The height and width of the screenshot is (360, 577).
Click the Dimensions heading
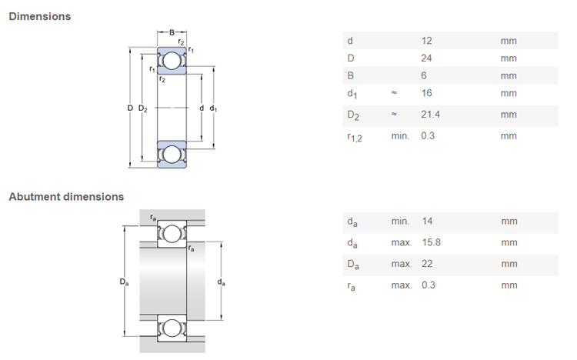[40, 17]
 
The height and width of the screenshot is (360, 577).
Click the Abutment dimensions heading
[66, 197]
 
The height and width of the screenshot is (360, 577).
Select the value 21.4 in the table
[430, 115]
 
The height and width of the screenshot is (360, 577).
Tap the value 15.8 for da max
[432, 242]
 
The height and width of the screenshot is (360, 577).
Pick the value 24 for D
[426, 58]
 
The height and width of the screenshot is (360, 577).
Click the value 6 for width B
[424, 76]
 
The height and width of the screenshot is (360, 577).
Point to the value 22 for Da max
[427, 264]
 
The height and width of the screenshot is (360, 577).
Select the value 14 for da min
[427, 222]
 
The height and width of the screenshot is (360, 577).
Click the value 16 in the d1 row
[426, 93]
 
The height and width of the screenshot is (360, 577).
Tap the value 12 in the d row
[426, 41]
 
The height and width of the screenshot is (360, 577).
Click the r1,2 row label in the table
[355, 137]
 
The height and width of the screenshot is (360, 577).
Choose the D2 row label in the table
[353, 115]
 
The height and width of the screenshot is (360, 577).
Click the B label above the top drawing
[172, 32]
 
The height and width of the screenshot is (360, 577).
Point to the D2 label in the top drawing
[143, 108]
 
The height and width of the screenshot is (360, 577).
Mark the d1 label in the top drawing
[213, 108]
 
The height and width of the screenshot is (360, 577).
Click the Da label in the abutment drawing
[124, 282]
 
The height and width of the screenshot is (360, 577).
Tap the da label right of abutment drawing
[221, 282]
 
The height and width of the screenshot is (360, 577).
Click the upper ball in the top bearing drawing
[172, 61]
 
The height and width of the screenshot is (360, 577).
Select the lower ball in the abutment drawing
[172, 328]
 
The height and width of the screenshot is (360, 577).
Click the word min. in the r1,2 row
[400, 136]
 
